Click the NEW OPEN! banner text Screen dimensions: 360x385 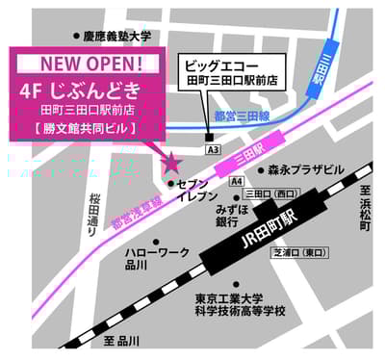tap(92, 64)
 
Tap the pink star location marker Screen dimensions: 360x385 tap(169, 162)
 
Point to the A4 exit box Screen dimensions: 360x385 tap(236, 180)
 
